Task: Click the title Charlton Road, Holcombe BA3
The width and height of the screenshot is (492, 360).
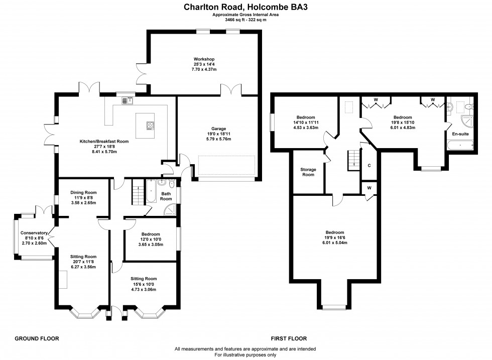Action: (245, 8)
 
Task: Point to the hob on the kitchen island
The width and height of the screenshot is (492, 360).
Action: (150, 126)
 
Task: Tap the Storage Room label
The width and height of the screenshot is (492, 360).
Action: (308, 172)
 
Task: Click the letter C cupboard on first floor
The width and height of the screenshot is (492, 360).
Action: (369, 165)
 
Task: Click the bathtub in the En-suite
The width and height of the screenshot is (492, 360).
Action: (460, 146)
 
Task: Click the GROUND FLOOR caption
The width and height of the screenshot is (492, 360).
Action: (37, 339)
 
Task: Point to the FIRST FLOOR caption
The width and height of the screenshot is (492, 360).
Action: (289, 339)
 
